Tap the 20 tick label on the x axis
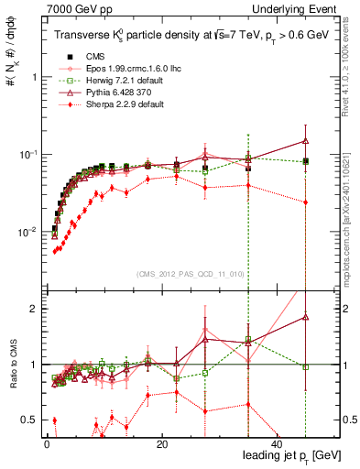tap(161, 444)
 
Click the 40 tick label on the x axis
tap(277, 444)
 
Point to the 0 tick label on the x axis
tap(47, 444)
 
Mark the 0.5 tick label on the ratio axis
tap(27, 420)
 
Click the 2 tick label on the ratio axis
tap(32, 309)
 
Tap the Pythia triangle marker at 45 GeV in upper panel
tap(305, 141)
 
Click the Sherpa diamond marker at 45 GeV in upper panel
tap(305, 202)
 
